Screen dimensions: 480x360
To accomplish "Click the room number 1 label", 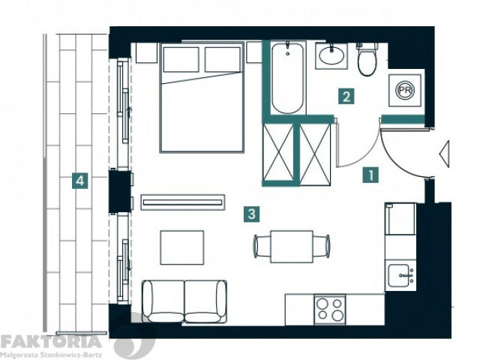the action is point(370,175).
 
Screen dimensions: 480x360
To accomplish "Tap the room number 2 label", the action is point(346,97).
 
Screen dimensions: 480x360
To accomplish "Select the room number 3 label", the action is point(252,214).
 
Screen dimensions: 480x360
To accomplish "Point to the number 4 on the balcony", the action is point(80,180).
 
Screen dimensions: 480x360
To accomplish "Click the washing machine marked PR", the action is point(405,90).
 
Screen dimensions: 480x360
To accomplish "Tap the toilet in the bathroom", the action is point(367,59).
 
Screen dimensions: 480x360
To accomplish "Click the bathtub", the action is point(287,78).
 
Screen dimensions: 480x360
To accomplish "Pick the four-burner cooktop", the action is point(330,310).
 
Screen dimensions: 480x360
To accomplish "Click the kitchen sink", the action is point(400,275).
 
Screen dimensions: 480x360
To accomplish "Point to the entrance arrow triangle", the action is point(445,154).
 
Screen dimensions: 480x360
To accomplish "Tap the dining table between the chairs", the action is point(292,247).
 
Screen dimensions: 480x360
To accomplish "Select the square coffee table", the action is point(182,247).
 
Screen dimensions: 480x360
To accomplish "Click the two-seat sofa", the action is point(184,301).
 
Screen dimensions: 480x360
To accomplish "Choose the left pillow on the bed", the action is point(181,60).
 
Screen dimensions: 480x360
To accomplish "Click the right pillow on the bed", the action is point(223,60).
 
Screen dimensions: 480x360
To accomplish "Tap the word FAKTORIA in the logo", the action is point(51,342).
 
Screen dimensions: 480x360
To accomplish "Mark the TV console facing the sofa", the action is point(183,202).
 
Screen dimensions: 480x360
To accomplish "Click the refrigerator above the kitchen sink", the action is point(400,219).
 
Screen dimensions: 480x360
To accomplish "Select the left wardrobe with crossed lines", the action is point(278,152).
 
